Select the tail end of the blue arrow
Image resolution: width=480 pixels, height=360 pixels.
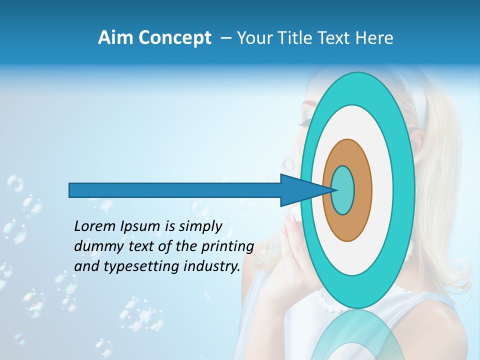point(70,190)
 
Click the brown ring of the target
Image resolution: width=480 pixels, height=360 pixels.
point(363,190)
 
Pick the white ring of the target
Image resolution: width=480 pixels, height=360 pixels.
point(382,190)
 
